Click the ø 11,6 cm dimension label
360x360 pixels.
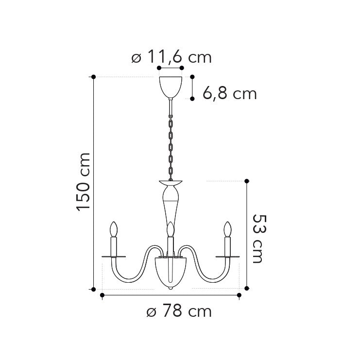tap(171, 58)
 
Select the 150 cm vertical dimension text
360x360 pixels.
tap(84, 182)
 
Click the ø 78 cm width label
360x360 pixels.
tap(179, 311)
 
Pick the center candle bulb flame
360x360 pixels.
tap(170, 229)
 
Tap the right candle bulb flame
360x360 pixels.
tap(227, 229)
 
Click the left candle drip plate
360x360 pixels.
tap(114, 256)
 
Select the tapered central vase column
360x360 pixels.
tap(170, 204)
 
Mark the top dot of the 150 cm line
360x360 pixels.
tap(93, 77)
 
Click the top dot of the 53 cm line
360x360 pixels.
tap(247, 181)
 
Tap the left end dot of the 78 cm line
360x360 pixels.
tap(102, 294)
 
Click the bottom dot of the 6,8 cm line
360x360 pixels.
tap(192, 99)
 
